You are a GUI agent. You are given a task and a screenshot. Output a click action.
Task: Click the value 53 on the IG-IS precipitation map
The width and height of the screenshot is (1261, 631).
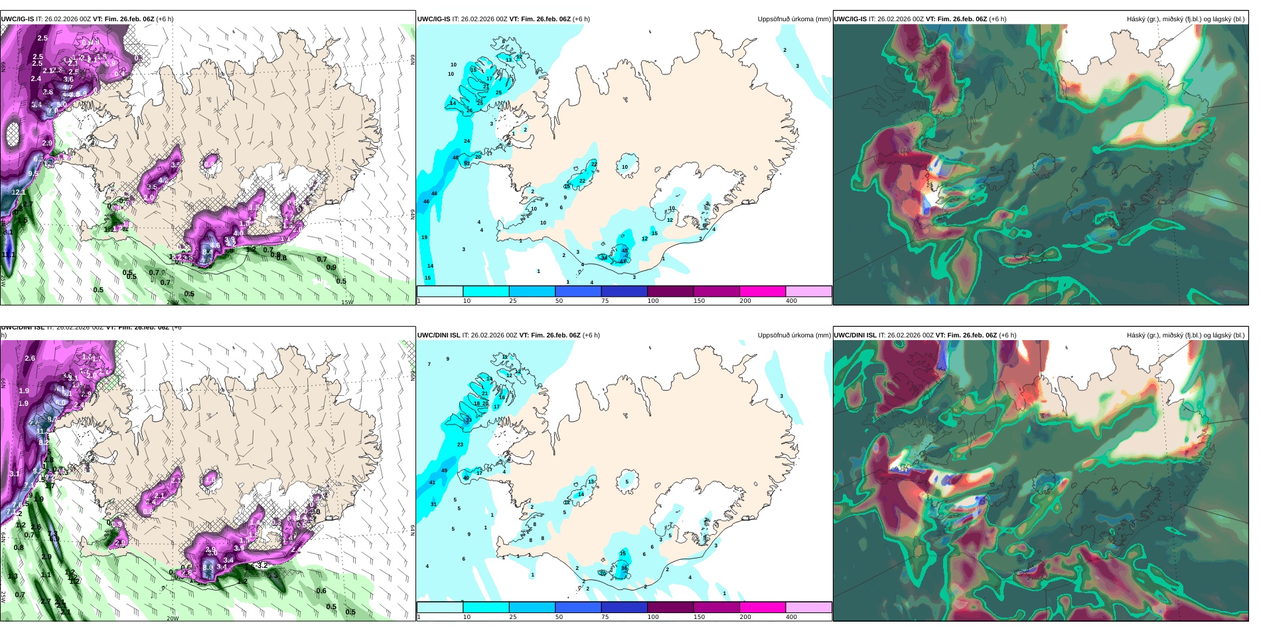467,163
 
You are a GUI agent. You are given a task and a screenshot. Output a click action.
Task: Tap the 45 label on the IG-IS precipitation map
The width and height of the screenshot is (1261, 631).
625,251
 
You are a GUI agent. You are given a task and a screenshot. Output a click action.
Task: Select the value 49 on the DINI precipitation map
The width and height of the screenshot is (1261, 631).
444,470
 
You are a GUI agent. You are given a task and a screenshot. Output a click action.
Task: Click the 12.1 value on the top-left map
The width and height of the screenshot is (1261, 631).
19,192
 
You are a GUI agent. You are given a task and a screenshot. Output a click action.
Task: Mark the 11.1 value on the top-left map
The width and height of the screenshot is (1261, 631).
8,254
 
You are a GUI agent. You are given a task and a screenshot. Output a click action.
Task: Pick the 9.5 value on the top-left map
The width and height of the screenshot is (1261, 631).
33,174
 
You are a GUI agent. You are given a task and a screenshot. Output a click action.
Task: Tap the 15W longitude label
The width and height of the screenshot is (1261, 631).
346,302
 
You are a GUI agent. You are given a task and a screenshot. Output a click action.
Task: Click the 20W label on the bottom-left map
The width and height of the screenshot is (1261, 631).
173,618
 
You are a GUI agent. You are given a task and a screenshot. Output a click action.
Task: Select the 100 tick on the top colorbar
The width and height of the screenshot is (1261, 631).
653,301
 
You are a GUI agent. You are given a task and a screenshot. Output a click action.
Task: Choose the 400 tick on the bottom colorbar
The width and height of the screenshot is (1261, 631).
791,617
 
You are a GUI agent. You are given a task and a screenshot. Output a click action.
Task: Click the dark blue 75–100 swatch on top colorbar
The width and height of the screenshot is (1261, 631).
624,291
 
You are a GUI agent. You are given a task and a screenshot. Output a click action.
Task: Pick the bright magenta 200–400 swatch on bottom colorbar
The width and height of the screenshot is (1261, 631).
763,607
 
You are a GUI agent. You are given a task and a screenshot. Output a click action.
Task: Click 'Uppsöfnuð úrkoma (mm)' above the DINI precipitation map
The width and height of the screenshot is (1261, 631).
794,335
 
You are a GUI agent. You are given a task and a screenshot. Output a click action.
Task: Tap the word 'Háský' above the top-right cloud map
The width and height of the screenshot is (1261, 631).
1136,19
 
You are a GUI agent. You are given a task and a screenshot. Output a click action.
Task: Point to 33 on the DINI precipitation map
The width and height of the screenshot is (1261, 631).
469,420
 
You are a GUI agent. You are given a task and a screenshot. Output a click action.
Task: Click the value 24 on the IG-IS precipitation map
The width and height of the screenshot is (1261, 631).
467,141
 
